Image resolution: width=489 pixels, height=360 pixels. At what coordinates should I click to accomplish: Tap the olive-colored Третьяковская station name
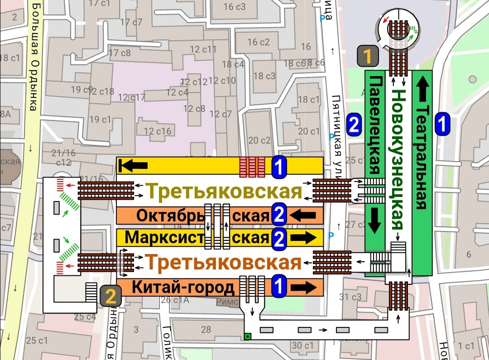[x=225, y=192]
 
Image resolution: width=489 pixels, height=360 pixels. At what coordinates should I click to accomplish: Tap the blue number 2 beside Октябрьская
[x=279, y=215]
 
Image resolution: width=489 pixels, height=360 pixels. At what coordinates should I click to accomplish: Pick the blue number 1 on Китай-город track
[x=279, y=287]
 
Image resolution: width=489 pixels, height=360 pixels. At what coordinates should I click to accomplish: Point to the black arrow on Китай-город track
[x=304, y=287]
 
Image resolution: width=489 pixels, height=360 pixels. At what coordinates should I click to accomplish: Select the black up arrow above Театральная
[x=422, y=89]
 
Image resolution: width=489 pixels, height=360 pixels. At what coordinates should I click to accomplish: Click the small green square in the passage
[x=247, y=336]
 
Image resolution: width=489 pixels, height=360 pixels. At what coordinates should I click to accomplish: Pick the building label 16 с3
[x=235, y=6]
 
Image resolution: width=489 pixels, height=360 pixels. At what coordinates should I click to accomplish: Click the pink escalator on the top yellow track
[x=252, y=166]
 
